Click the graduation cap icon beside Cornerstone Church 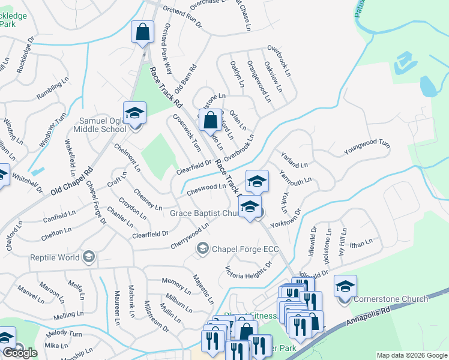click(x=345, y=287)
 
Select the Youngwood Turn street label click(x=367, y=149)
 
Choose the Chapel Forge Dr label click(x=95, y=203)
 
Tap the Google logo click(x=20, y=353)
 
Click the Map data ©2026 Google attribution click(x=411, y=355)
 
